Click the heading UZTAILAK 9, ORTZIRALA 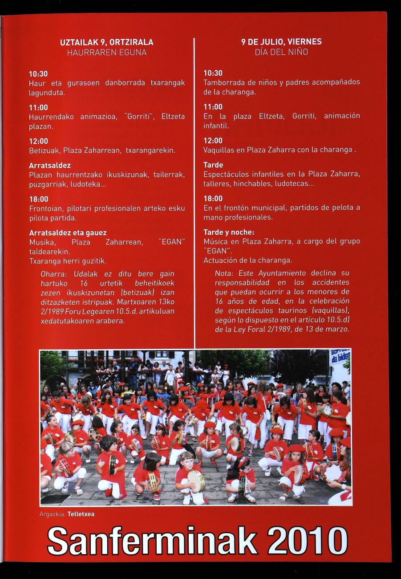click(107, 42)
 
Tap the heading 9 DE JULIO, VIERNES click(281, 42)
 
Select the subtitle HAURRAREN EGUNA click(107, 53)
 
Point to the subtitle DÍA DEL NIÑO click(281, 52)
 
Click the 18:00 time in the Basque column click(38, 199)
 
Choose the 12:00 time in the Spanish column click(213, 141)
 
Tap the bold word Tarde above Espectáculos click(213, 165)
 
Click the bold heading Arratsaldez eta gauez click(68, 233)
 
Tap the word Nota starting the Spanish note click(224, 273)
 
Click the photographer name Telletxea click(81, 514)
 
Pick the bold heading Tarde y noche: click(229, 232)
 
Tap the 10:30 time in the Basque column click(38, 73)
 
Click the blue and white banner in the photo click(340, 357)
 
